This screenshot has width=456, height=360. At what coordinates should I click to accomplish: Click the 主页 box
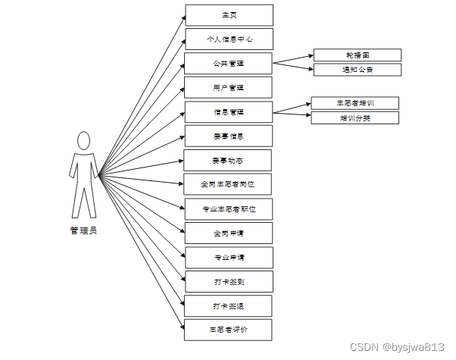pos(228,15)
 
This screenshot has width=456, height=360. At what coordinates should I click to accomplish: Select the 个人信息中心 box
pos(228,39)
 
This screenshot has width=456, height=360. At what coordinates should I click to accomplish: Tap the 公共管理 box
pos(228,63)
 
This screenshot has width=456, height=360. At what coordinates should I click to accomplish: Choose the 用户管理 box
pos(228,88)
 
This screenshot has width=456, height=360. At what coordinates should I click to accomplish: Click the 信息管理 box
pos(228,112)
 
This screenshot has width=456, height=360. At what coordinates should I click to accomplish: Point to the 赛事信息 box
pos(228,136)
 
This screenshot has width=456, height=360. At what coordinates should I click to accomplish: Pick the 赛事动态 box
pos(228,161)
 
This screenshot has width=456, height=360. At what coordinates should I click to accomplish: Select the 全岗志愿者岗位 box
pos(228,184)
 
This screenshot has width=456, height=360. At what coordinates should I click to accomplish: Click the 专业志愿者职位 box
pos(228,208)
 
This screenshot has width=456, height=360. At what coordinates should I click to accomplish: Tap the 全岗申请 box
pos(228,233)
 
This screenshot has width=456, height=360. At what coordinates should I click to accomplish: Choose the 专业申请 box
pos(228,258)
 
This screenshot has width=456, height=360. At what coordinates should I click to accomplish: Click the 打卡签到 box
pos(228,282)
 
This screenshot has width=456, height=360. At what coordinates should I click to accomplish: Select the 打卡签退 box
pos(228,306)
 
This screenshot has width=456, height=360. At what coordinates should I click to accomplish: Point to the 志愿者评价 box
pos(228,330)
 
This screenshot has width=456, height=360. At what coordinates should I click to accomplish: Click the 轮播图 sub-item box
pos(357,55)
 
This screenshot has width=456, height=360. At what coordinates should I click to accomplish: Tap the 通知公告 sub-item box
pos(357,70)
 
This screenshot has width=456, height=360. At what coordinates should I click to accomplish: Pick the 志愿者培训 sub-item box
pos(354,103)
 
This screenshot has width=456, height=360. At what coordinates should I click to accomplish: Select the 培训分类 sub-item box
pos(354,117)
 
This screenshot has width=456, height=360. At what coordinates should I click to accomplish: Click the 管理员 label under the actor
pos(83,230)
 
